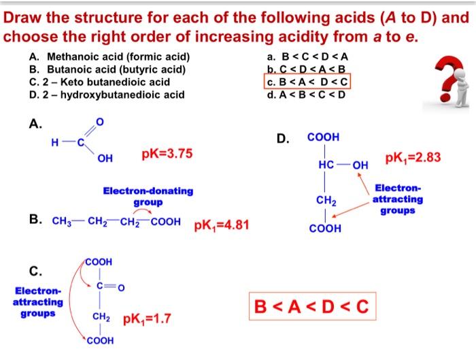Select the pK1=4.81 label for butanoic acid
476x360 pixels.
[x=222, y=225]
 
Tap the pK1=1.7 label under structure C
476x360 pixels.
[x=148, y=318]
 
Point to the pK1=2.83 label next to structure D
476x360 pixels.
[x=413, y=158]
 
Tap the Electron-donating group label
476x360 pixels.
[x=148, y=197]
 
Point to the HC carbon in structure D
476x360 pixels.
[x=325, y=165]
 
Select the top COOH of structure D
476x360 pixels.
[x=324, y=137]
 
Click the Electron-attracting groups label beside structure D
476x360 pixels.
[x=398, y=199]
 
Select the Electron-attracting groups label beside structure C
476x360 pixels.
[x=37, y=302]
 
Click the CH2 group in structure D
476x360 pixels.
[x=324, y=200]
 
